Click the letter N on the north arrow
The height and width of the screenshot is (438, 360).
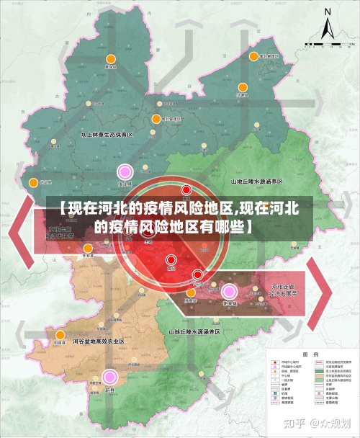[328, 12]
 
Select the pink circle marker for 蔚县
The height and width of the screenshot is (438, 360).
[109, 376]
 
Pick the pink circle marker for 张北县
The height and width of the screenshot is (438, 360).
[125, 171]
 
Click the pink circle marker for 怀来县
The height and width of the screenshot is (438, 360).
[230, 291]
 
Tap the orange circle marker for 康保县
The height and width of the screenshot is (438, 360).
[111, 60]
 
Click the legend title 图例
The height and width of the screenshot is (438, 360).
[310, 354]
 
